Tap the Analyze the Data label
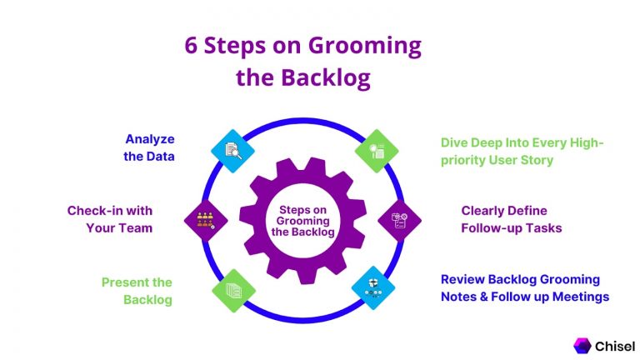coord(149,147)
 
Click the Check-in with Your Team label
coord(110,219)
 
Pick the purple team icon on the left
coord(205,220)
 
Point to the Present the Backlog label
coord(137,290)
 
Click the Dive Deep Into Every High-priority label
coord(522,151)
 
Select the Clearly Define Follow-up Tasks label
coord(512,219)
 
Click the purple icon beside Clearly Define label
coord(399,220)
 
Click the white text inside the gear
coord(302,220)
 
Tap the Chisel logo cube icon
coord(582,344)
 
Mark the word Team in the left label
coord(135,227)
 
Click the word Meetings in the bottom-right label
coord(580,296)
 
